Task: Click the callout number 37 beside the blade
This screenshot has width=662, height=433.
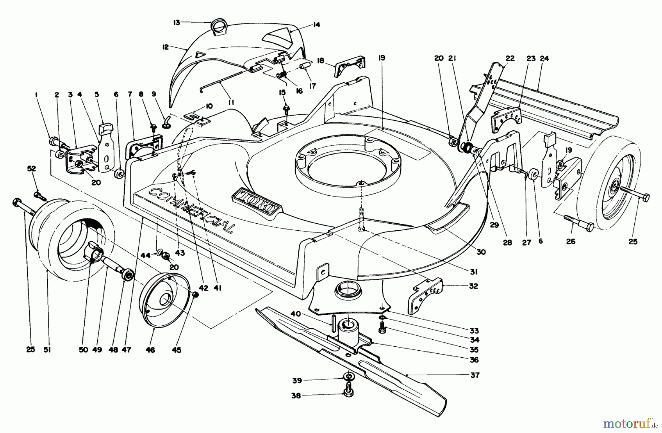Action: [x=475, y=375]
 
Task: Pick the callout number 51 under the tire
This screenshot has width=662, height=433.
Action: [x=47, y=350]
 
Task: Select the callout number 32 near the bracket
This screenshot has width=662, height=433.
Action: [x=474, y=286]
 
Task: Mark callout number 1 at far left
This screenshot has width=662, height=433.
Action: [x=36, y=95]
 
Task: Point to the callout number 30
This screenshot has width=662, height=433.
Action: [x=481, y=252]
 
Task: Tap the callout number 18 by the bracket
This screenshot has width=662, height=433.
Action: [x=321, y=60]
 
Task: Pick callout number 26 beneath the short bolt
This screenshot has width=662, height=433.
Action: [x=570, y=242]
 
